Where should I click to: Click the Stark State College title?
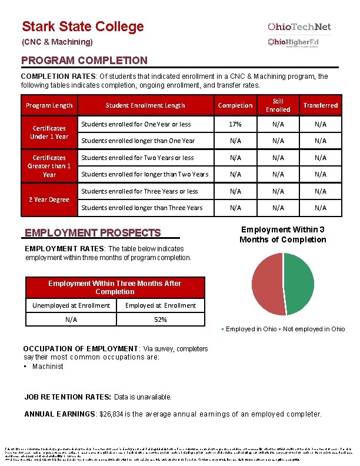tap(82, 26)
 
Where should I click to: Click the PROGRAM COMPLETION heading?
tap(84, 61)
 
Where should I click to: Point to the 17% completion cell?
tap(235, 124)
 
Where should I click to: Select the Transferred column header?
tap(320, 105)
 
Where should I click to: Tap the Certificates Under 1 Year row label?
tap(49, 132)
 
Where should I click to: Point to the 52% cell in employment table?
tap(160, 319)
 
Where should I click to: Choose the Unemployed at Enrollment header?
tap(71, 305)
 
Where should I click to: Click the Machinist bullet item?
tap(48, 367)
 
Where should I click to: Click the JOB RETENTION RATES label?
tap(68, 397)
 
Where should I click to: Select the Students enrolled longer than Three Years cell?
tap(141, 208)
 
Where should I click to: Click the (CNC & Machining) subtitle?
tap(57, 42)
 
